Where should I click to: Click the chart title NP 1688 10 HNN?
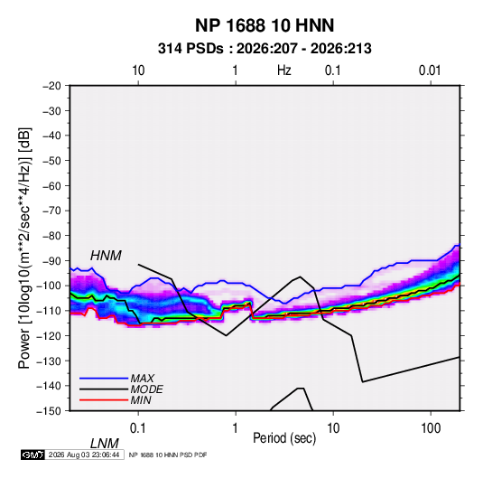coord(265,25)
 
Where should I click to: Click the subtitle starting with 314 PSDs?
coord(265,49)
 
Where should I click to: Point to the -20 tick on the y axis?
coord(51,86)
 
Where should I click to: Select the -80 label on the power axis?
coord(51,236)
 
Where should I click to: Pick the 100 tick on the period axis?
coord(431,428)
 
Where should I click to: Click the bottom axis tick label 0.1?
coord(138,428)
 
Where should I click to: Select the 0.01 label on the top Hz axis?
coord(430,70)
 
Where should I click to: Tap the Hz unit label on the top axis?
coord(284,70)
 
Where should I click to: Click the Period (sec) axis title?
coord(284,438)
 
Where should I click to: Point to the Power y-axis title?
coord(24,248)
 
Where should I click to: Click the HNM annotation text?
coord(106,256)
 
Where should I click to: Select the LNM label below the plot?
coord(105,444)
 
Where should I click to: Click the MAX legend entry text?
coord(142,378)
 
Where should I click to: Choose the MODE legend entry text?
coord(146,389)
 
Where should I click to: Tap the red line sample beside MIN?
coord(104,400)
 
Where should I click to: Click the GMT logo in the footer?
coord(33,455)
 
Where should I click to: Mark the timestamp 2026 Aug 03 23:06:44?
coord(84,455)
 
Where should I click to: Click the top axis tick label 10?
coord(138,70)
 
